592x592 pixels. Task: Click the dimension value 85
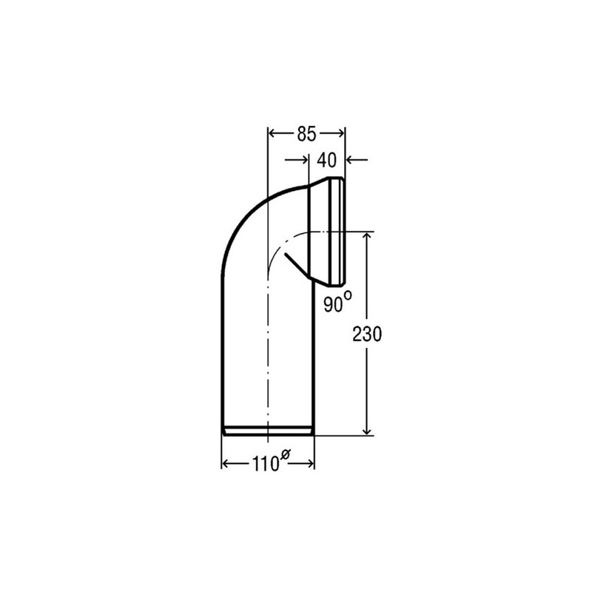coord(306,134)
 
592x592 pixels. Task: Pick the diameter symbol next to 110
coord(283,455)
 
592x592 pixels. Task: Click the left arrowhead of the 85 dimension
coord(272,134)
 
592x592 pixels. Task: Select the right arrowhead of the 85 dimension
coord(340,134)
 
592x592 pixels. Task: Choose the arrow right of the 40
coord(351,158)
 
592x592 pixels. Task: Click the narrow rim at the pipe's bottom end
coord(269,430)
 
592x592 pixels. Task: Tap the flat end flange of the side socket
coord(342,232)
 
